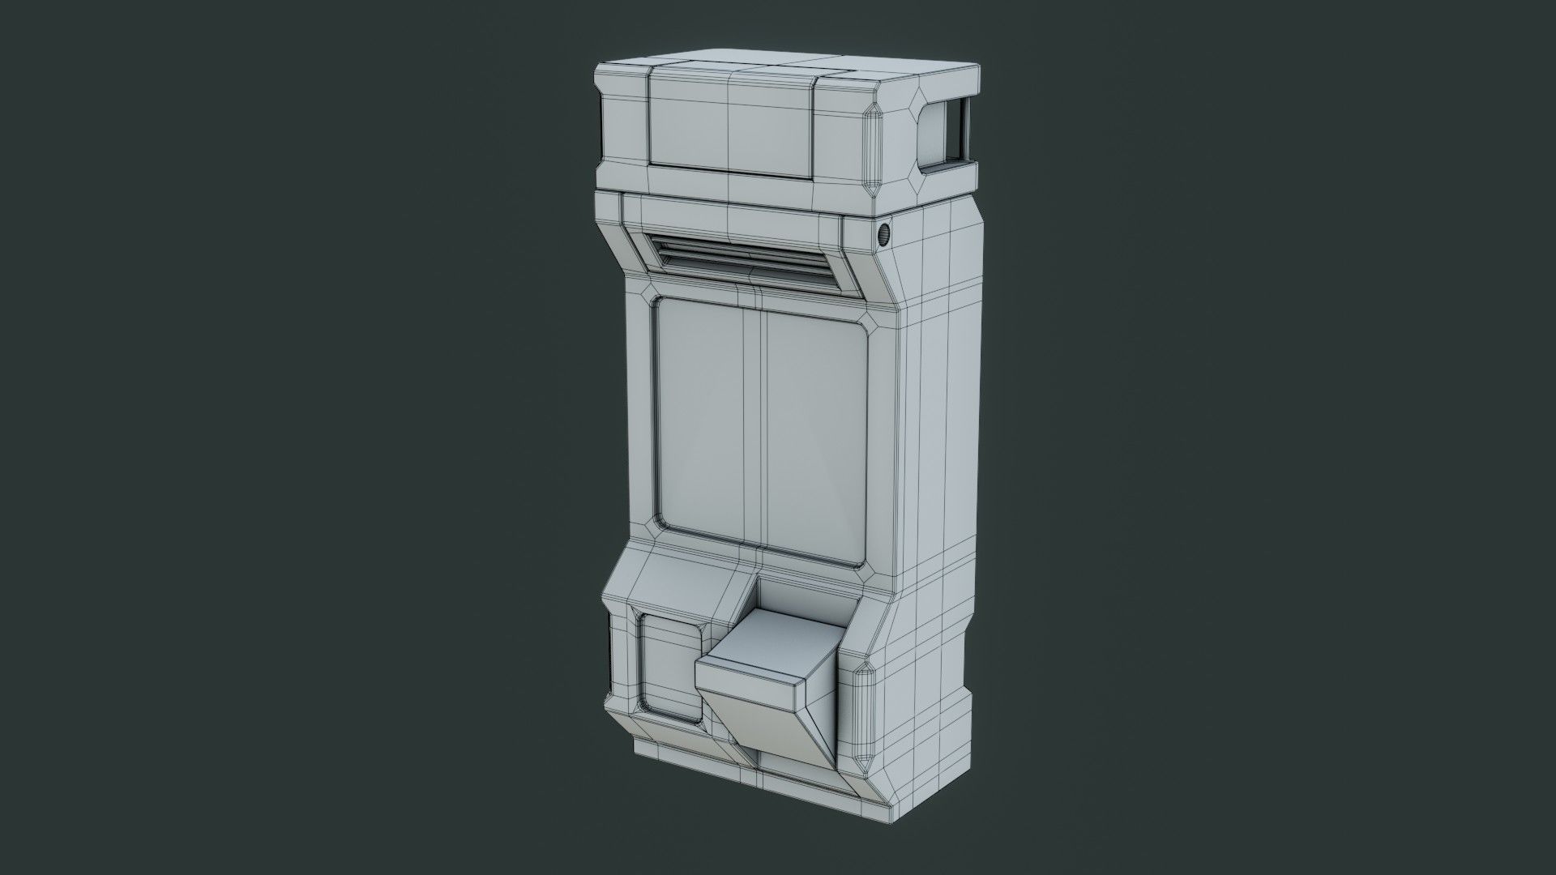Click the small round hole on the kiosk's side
click(x=884, y=234)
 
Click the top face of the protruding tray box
click(x=762, y=648)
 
